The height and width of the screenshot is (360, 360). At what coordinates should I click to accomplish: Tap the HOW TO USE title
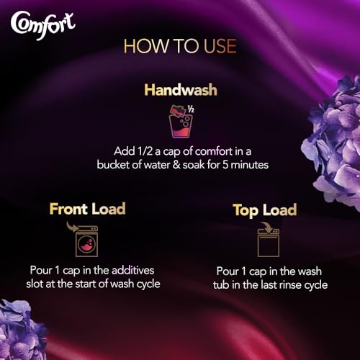pyautogui.click(x=179, y=46)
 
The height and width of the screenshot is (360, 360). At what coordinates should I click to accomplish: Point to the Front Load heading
pyautogui.click(x=87, y=210)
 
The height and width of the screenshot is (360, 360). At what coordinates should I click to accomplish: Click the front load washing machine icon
pyautogui.click(x=86, y=238)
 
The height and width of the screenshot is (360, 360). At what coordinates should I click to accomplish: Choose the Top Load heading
pyautogui.click(x=265, y=211)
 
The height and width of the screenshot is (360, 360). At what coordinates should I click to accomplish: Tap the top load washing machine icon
pyautogui.click(x=267, y=238)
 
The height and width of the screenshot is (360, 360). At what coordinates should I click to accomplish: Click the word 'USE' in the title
pyautogui.click(x=216, y=46)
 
